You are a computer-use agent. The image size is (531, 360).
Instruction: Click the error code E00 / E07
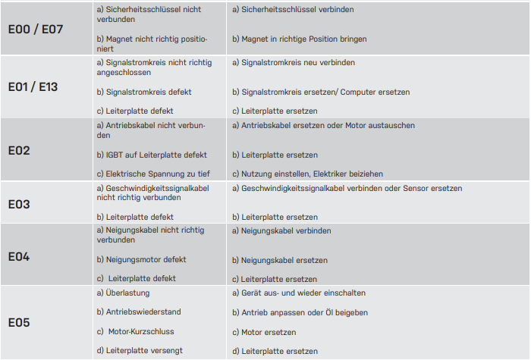tap(36, 30)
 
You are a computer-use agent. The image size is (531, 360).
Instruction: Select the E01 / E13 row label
tap(33, 86)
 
